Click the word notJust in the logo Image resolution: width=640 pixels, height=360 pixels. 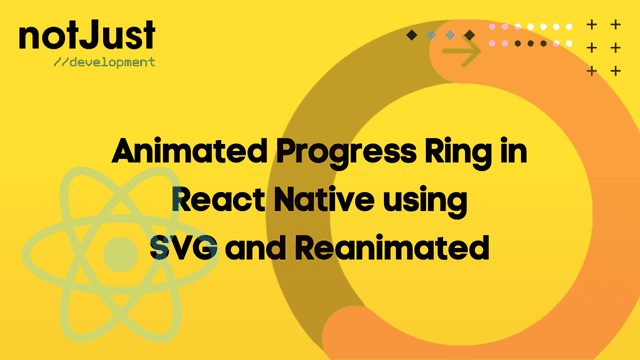point(86,36)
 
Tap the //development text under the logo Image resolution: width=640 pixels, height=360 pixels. point(104,62)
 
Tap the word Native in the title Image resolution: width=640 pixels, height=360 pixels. point(324,200)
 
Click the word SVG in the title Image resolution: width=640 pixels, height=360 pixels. point(185,246)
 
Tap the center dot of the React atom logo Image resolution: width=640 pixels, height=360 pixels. point(120,252)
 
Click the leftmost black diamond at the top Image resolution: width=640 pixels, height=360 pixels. point(411,35)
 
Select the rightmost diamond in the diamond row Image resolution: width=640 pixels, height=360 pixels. point(469,35)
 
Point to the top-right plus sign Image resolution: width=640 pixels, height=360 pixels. point(616,25)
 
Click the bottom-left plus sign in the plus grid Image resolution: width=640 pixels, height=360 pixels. point(592,70)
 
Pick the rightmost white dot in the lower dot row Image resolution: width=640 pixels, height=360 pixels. point(570,44)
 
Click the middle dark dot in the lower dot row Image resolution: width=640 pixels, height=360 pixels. point(531,44)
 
